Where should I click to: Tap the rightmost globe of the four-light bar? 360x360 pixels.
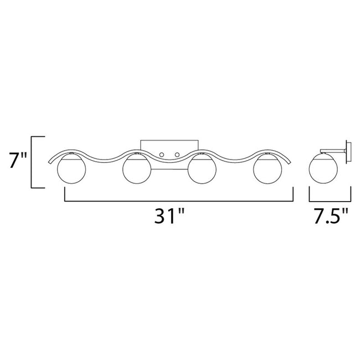tap(266, 171)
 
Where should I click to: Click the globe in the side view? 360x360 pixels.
tap(324, 171)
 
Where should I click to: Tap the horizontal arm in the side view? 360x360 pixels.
tap(334, 149)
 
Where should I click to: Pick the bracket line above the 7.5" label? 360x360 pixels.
tap(330, 200)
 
